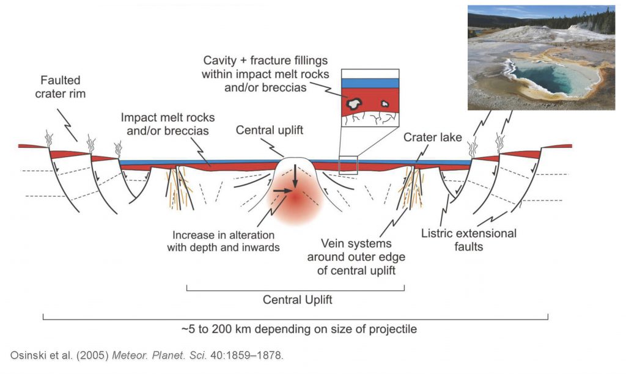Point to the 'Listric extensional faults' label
pyautogui.click(x=469, y=240)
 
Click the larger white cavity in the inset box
pyautogui.click(x=353, y=104)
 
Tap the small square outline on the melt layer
pyautogui.click(x=348, y=165)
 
